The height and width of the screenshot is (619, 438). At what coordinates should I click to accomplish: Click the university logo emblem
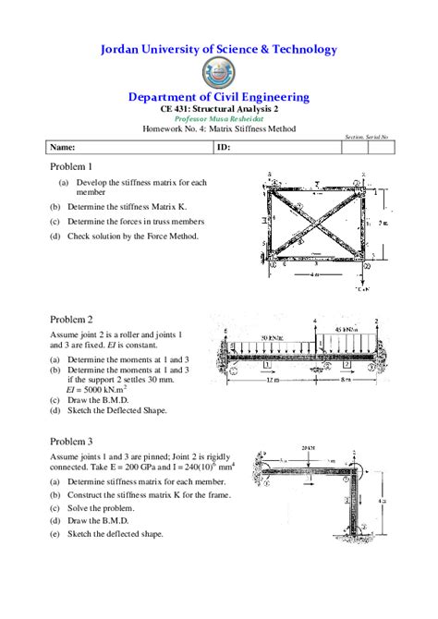[x=218, y=73]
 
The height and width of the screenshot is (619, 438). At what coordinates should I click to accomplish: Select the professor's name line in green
[x=218, y=119]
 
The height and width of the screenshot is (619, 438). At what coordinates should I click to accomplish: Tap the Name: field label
[x=63, y=147]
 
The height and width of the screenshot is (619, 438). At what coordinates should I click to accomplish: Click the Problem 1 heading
[x=71, y=166]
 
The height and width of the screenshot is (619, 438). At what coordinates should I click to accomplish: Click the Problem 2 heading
[x=71, y=317]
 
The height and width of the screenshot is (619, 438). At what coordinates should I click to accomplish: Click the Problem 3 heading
[x=71, y=442]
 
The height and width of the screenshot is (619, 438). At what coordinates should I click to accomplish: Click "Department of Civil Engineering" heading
[x=218, y=97]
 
